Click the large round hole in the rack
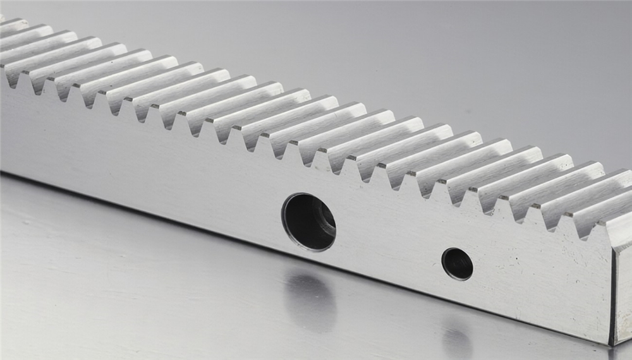[308, 222]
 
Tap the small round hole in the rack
[457, 263]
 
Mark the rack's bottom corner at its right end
[612, 344]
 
